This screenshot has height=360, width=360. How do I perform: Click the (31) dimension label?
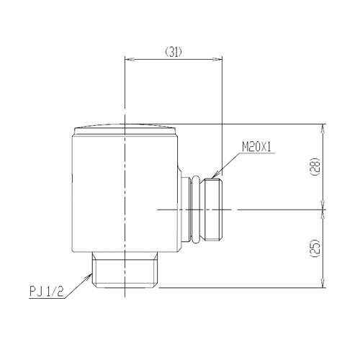[174, 52]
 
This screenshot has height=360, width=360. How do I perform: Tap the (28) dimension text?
[315, 167]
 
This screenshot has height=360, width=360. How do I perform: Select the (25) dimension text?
[315, 248]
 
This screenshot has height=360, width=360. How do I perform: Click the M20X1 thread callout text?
[256, 147]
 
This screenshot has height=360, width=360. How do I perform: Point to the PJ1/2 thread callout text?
[46, 292]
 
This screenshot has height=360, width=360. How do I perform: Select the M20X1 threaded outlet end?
[214, 210]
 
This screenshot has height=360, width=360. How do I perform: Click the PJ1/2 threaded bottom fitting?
[125, 270]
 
